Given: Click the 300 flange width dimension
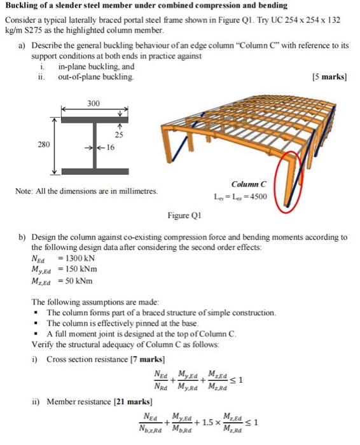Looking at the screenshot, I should click(94, 102).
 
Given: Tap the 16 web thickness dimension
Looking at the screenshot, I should click(109, 148).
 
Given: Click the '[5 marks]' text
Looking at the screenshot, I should click(329, 77).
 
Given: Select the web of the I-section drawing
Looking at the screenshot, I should click(93, 146).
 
